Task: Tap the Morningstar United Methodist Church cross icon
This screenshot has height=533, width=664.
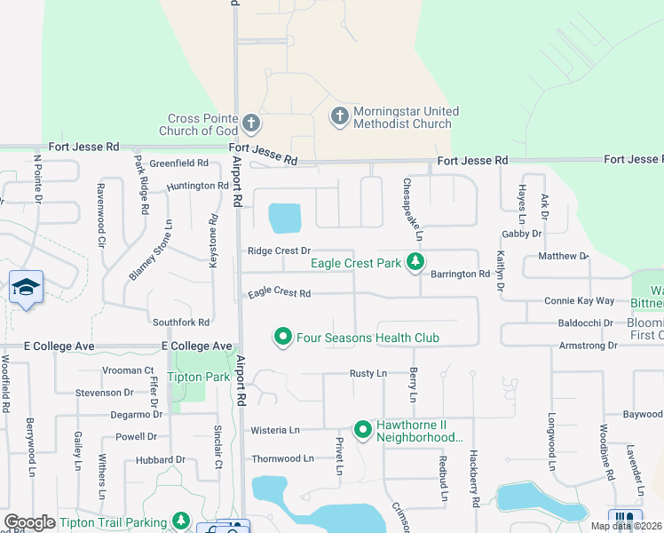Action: [338, 115]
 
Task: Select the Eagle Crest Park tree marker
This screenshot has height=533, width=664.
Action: [414, 262]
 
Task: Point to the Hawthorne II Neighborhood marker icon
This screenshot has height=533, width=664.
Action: [362, 430]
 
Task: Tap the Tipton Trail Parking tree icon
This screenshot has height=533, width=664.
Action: [181, 521]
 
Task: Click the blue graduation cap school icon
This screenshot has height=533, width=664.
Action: [26, 287]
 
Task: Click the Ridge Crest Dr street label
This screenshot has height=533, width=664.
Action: [279, 251]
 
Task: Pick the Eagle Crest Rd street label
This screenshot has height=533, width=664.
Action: [279, 292]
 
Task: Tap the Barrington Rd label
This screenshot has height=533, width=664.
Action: [460, 274]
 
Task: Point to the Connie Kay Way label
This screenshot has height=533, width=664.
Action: [579, 301]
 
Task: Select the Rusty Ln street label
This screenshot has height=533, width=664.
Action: [368, 374]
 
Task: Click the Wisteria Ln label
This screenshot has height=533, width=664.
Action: [275, 430]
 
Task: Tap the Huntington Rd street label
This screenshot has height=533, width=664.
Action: [197, 186]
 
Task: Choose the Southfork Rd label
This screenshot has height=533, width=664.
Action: [181, 322]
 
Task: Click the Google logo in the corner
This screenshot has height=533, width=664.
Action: [29, 522]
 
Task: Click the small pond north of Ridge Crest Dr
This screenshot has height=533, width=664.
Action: [284, 217]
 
